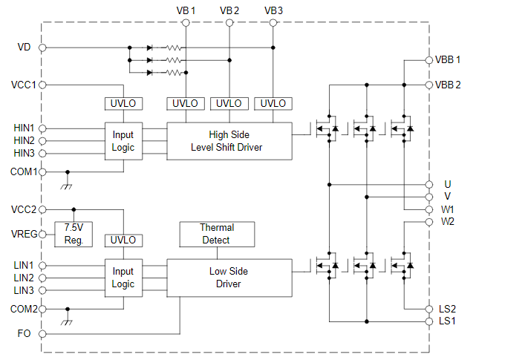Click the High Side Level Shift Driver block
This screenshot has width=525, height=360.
(x=229, y=141)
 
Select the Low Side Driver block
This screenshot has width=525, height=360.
(x=229, y=278)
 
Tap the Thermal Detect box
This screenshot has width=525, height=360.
(x=216, y=234)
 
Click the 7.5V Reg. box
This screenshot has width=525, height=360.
(x=74, y=234)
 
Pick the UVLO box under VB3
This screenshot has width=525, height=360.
(x=273, y=103)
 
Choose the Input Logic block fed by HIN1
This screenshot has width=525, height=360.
(x=123, y=141)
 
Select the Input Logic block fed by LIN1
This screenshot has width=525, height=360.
(x=123, y=278)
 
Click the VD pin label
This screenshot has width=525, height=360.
(x=24, y=48)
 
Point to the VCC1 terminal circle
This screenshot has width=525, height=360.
(x=42, y=85)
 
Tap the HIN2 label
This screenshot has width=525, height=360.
(x=24, y=141)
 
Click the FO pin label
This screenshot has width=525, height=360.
(x=24, y=333)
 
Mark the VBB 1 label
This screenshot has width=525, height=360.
(x=448, y=59)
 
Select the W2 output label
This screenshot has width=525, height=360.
(x=448, y=221)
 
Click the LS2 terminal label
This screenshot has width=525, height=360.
(x=448, y=309)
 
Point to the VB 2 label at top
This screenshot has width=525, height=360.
(x=229, y=10)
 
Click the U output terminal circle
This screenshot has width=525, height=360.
(x=428, y=183)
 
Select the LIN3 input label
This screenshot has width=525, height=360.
(x=24, y=290)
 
